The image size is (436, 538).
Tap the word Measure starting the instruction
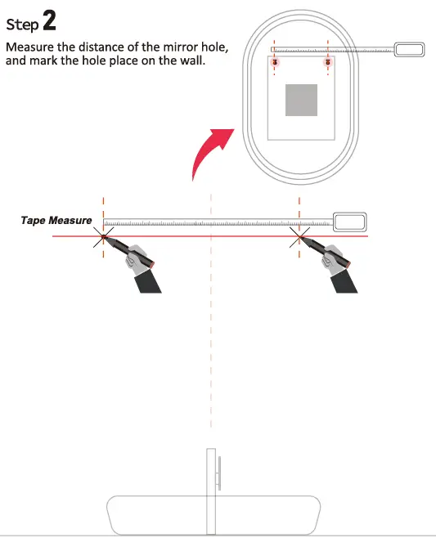30,47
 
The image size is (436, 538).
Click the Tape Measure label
56,221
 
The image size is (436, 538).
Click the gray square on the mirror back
300,100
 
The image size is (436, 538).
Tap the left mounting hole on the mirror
275,61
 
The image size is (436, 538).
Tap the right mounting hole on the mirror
327,61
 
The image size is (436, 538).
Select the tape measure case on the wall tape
349,221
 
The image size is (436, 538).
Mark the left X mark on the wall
103,237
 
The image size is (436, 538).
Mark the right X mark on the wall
299,237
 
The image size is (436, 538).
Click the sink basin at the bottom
212,513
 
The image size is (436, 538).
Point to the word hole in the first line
214,47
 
